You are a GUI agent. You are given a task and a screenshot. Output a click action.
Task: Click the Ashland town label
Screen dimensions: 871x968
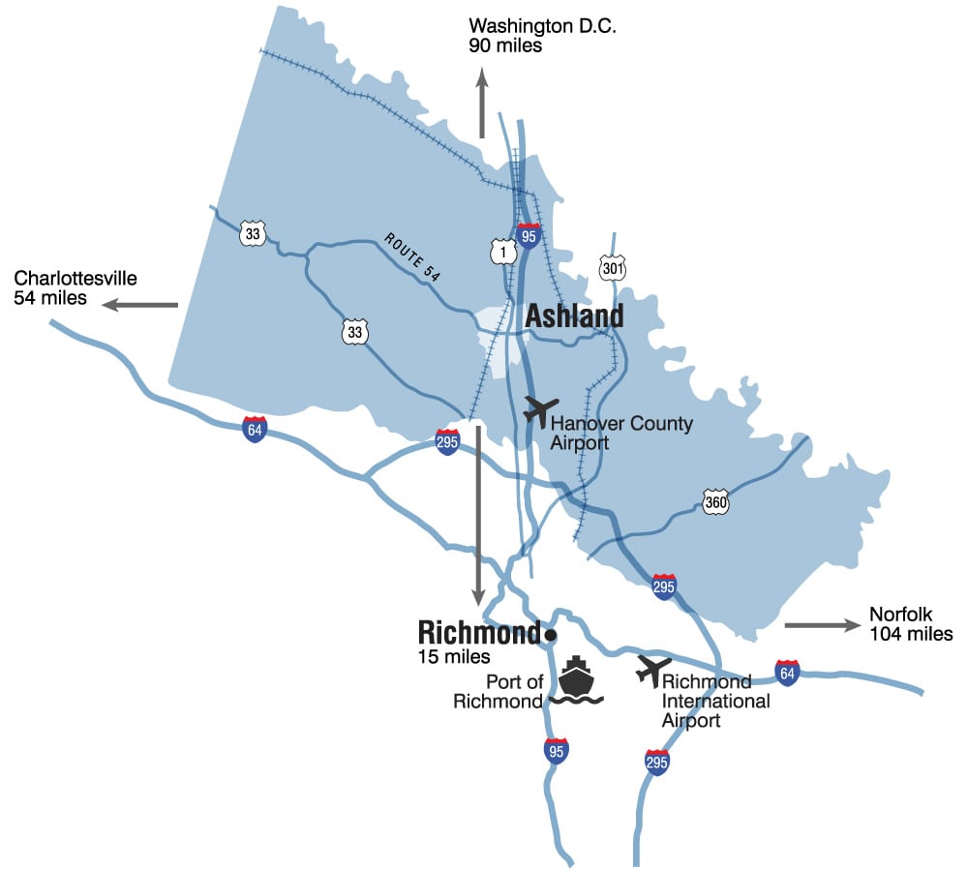pos(574,316)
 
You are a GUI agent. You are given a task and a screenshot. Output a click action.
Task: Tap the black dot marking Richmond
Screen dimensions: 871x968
pos(550,635)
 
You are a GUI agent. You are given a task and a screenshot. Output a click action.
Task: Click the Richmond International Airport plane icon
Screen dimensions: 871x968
pos(653,669)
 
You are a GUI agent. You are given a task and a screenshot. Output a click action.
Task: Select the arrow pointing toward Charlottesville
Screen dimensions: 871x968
pos(141,305)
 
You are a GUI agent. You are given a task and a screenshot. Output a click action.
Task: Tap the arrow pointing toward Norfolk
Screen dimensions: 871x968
pos(822,625)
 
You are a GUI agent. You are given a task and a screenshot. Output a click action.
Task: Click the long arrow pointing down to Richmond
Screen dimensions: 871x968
pos(477,513)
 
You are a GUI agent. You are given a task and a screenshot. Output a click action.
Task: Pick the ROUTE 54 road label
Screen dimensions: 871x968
pos(412,257)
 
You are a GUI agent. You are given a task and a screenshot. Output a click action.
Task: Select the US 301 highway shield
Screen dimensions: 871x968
pos(612,268)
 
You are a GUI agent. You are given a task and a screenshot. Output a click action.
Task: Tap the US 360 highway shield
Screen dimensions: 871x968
pos(715,503)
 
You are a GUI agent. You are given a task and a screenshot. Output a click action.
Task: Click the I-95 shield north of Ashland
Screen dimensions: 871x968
pos(529,234)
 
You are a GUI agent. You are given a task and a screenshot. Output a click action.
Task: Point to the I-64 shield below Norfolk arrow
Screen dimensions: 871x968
pos(788,672)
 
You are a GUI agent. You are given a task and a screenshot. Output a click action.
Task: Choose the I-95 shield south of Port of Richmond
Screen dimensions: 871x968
pos(556,750)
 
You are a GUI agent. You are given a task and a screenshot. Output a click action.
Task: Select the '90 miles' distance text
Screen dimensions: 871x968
pos(505,45)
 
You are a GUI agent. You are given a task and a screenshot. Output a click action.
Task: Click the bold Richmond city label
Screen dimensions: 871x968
pos(478,633)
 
